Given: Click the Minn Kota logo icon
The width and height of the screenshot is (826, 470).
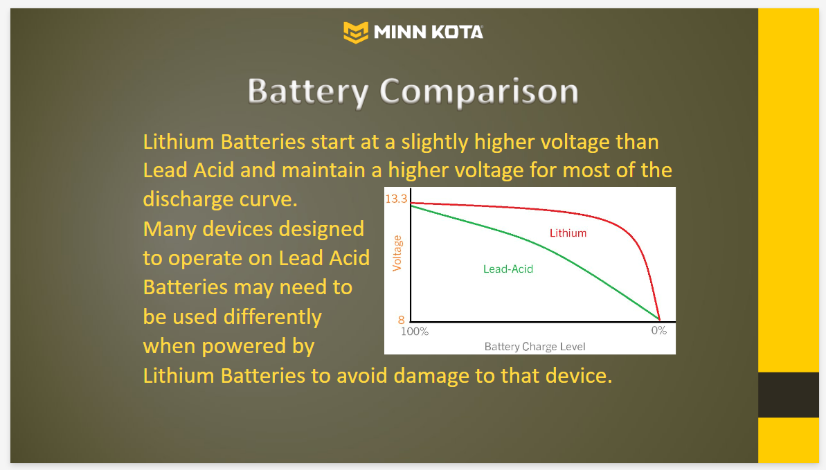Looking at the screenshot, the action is (356, 32).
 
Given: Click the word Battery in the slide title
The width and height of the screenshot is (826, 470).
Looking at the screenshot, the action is (307, 91).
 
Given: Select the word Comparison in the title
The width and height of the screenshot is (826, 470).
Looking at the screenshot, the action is (479, 91).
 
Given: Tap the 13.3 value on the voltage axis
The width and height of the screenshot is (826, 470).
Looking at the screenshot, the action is (396, 199).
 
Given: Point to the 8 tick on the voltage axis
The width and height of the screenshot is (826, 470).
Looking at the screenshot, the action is (402, 320).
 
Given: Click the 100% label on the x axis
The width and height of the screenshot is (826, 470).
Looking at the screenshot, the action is (415, 332).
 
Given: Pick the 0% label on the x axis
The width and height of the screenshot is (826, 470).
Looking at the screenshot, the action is (659, 330).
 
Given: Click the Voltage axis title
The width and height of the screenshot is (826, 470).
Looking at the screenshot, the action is (397, 253).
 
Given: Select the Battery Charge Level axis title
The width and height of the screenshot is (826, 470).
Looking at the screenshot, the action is (535, 347).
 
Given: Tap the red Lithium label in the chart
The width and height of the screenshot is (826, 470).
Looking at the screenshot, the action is (568, 233).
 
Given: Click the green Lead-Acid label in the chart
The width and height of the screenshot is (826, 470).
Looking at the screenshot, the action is (508, 269).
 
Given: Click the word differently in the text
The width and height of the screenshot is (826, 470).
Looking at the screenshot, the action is (273, 317).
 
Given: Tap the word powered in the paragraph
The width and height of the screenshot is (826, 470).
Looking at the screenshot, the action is (237, 347).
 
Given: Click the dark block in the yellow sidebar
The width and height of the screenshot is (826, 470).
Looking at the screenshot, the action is (789, 395).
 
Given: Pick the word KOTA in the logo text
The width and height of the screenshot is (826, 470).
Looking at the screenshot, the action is (457, 32).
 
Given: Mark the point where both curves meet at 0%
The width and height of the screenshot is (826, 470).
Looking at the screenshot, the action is (660, 319).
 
